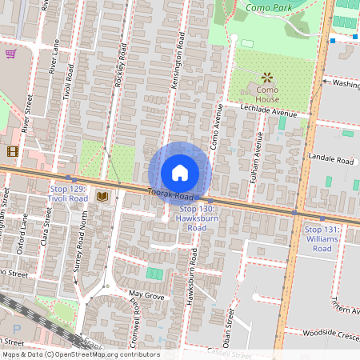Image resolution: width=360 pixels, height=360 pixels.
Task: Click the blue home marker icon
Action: click(179, 173)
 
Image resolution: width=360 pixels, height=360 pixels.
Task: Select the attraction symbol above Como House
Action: click(266, 78)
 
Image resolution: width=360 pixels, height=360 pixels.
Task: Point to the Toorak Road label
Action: click(171, 194)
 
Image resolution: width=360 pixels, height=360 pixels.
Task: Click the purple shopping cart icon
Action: click(10, 54)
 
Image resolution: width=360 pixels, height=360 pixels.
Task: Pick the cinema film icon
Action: click(11, 150)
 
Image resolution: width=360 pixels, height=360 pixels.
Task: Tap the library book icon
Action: click(102, 196)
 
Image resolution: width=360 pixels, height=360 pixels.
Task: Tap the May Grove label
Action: click(146, 296)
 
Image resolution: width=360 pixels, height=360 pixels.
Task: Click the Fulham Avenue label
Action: click(258, 155)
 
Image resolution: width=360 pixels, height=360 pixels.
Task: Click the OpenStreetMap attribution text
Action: click(80, 354)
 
